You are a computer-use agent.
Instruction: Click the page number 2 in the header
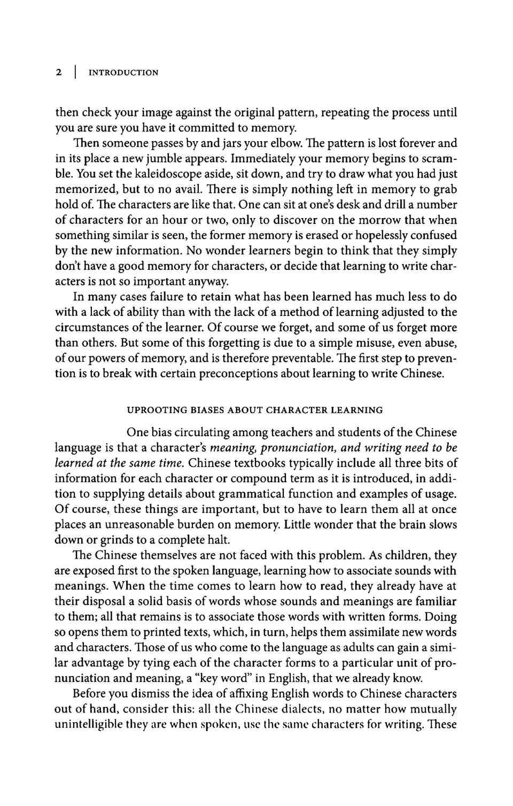[x=59, y=73]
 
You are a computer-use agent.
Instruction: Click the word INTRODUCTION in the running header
[x=123, y=73]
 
